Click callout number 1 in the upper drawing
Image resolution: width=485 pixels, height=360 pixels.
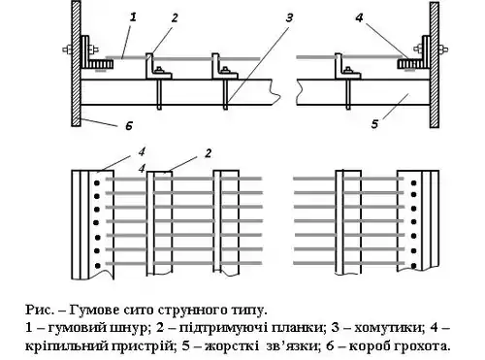tap(133, 16)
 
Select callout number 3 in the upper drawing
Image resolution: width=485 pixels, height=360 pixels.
tap(289, 17)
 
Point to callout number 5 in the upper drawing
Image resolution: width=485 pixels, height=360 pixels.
tap(374, 124)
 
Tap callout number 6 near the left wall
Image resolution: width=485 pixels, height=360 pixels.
tap(129, 126)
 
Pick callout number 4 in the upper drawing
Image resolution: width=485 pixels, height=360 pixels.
tap(359, 17)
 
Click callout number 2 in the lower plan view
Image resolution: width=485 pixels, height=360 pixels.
tap(208, 153)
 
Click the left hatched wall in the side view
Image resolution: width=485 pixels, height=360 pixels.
tap(76, 64)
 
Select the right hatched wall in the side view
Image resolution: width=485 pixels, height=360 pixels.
tap(435, 65)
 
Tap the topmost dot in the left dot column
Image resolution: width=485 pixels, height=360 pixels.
tap(96, 183)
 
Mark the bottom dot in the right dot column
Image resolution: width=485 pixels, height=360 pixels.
tap(413, 266)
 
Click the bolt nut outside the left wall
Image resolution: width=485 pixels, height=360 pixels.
tap(67, 49)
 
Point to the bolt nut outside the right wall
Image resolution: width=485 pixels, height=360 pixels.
tap(443, 49)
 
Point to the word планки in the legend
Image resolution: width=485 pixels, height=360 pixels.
tap(302, 328)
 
